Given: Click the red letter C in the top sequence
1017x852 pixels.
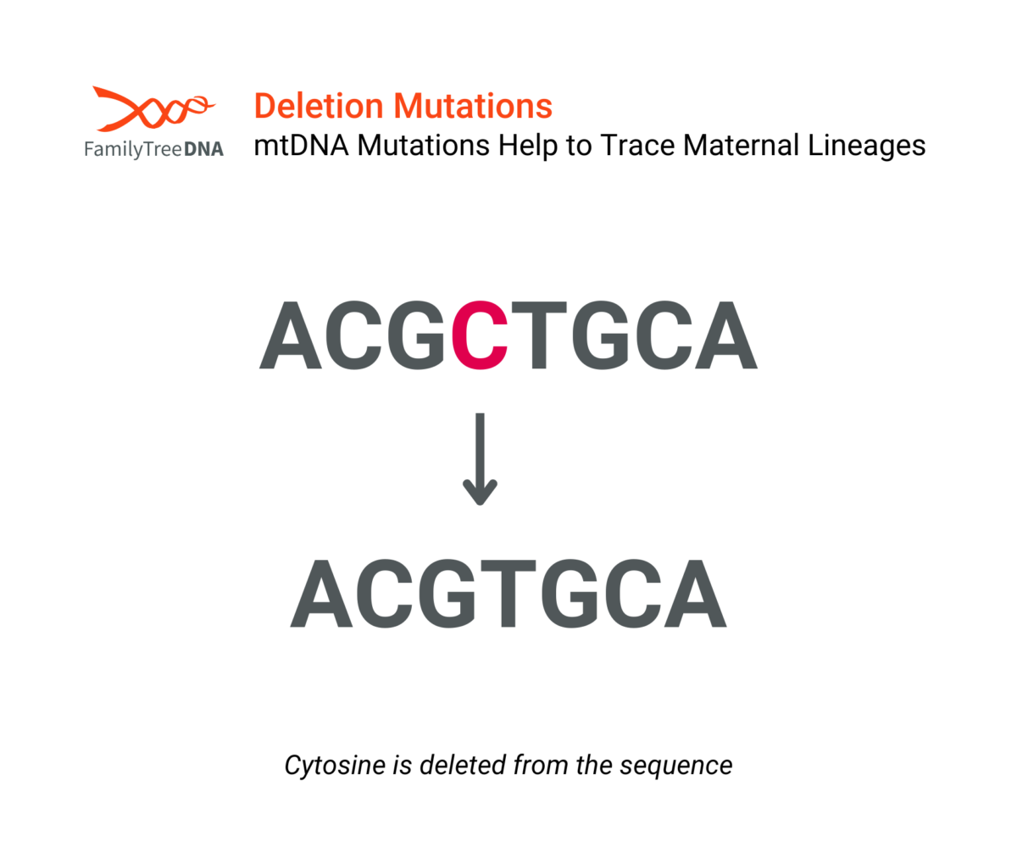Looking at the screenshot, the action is click(480, 335).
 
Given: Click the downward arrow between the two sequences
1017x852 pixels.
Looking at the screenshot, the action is click(480, 459).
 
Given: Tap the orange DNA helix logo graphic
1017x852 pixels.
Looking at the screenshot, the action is click(154, 108).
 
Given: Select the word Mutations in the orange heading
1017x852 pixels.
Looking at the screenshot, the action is click(473, 106).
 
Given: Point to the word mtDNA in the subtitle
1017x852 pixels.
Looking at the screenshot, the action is click(301, 145).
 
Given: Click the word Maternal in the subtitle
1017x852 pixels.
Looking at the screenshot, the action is click(741, 145).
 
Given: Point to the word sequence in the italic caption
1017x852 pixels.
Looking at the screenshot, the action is click(676, 766).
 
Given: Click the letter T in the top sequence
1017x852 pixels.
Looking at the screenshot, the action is click(539, 335).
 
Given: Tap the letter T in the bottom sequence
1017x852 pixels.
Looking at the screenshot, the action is click(508, 594).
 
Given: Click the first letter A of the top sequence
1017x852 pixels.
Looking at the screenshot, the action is click(291, 335).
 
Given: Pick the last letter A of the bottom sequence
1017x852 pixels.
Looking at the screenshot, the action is click(696, 594).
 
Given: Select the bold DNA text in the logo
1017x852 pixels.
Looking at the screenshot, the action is click(203, 149).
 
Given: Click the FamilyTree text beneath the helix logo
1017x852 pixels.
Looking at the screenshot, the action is click(133, 149).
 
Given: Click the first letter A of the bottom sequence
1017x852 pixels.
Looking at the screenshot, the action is click(321, 594).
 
